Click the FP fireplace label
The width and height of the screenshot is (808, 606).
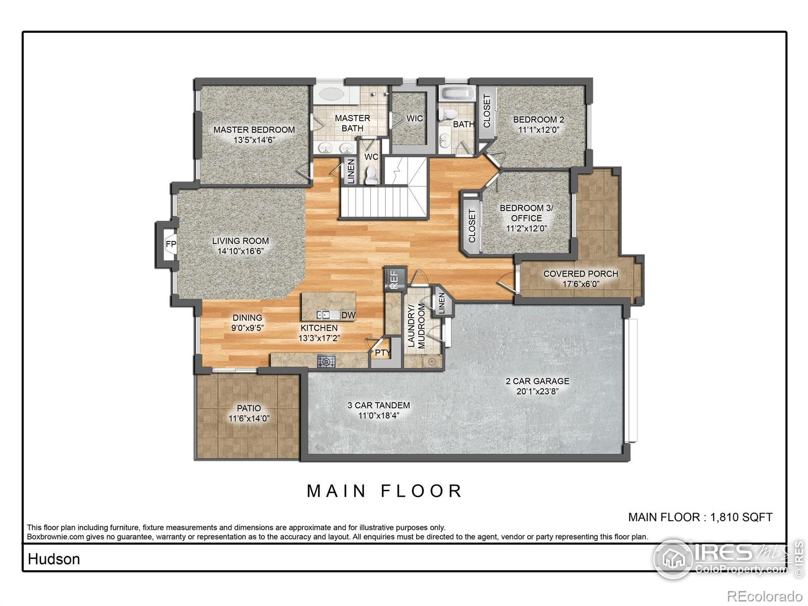coord(171,244)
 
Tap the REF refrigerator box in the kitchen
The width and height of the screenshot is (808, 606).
coord(394,278)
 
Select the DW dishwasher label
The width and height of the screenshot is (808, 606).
coord(348,315)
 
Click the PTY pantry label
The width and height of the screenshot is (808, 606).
coord(382,352)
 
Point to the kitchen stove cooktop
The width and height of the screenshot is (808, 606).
coord(326,361)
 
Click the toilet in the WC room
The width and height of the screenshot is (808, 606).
coord(372,174)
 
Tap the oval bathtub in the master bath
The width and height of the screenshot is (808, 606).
coord(331,94)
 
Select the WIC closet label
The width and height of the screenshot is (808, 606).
coord(415,119)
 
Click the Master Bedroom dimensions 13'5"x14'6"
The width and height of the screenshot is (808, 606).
coord(254,140)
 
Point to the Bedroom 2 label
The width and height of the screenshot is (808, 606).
coord(538,120)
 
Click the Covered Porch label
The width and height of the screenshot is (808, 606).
coord(580,274)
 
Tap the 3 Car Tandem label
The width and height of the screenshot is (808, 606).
coord(378,405)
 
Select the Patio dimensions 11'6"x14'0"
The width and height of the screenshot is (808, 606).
coord(249,418)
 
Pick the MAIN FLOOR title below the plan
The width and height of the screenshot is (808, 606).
coord(385,491)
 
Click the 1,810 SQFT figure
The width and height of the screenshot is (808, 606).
coord(741,517)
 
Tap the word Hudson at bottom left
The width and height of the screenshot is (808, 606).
coord(54,559)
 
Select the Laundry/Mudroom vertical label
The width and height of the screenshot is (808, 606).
coord(416,326)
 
